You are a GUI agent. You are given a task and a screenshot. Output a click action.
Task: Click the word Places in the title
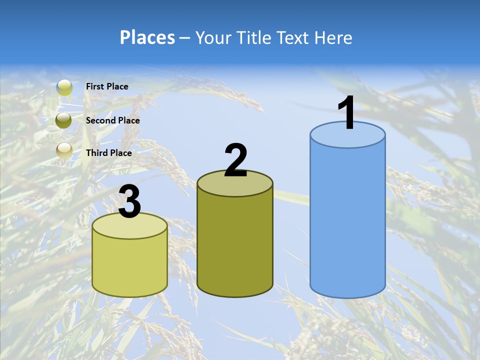coord(147,37)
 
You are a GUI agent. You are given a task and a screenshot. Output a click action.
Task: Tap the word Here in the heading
coord(333,37)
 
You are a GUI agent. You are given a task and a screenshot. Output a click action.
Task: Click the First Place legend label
coord(107,86)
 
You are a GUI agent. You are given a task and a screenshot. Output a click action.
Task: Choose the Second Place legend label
coord(112,120)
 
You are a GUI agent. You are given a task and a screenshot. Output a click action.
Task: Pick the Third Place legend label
coord(108,153)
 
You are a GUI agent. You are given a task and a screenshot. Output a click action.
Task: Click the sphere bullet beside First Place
coord(64,87)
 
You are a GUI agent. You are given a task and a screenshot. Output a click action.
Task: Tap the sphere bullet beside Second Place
coord(63,120)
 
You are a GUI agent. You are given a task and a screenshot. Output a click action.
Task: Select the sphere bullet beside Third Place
coord(64,150)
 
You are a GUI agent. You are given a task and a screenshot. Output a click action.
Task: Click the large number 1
coord(346,113)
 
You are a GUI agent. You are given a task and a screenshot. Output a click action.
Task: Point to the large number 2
coord(235,160)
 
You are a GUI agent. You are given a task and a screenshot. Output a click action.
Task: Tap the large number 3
coord(130,202)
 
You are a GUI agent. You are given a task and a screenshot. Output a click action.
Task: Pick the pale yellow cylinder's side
coord(130,265)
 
